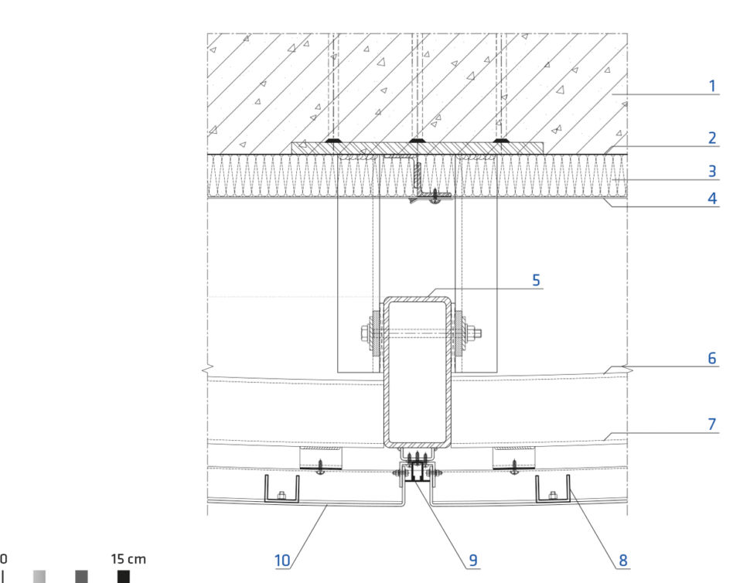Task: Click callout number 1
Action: pos(712,86)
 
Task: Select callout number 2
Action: pos(712,138)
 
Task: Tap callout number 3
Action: pos(712,171)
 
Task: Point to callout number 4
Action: pos(712,198)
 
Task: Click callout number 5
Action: pos(536,280)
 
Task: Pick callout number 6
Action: pos(712,358)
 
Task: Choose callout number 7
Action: pos(712,424)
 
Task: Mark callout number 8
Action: pos(623,560)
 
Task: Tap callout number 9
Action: pos(473,560)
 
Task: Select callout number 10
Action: pos(282,560)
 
